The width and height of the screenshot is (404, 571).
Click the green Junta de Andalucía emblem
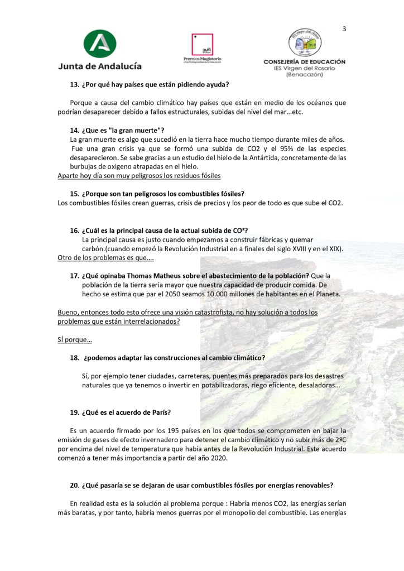[x=99, y=45]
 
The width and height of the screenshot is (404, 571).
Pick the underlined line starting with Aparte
[x=140, y=175]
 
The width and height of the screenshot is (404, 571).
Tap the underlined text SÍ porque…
[x=75, y=339]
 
